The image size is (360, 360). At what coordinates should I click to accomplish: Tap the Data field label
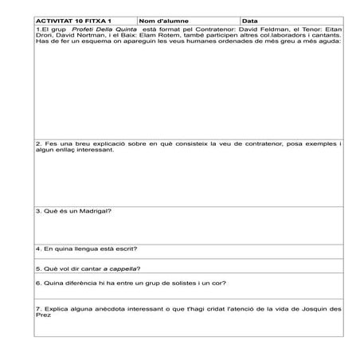tap(249, 22)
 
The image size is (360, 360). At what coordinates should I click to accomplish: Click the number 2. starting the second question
tap(39, 143)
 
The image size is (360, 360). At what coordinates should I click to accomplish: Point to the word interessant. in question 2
tap(87, 150)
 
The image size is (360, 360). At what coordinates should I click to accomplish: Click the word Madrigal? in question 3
tap(96, 211)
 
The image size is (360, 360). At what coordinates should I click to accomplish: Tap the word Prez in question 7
tap(43, 315)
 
